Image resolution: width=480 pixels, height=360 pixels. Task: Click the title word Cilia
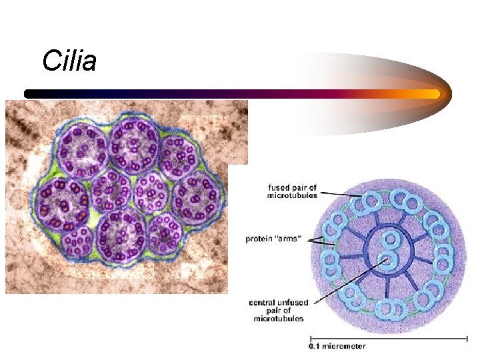69,61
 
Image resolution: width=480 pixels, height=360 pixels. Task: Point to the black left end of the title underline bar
28,94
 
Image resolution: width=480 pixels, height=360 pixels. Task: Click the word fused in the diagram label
276,187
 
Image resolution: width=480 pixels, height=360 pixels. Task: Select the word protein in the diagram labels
259,239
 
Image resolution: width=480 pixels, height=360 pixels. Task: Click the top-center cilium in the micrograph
134,143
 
